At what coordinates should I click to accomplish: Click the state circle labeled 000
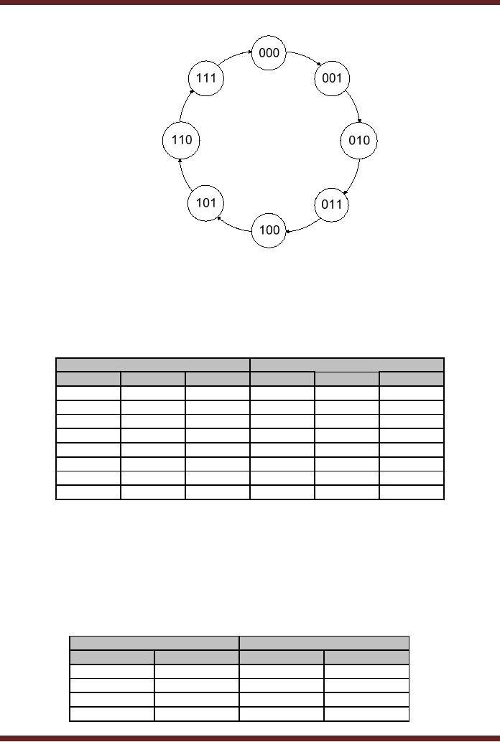click(269, 53)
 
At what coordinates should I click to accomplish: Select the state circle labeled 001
click(332, 78)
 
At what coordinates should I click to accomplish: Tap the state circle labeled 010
click(358, 141)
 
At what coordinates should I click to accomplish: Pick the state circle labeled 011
click(332, 205)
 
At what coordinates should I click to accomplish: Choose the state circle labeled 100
click(269, 230)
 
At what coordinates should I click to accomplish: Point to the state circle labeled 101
click(205, 202)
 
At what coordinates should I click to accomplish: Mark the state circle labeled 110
click(181, 140)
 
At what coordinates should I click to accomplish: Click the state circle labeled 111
click(205, 78)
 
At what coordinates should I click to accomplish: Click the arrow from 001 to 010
click(354, 104)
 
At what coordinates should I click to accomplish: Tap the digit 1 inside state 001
click(339, 78)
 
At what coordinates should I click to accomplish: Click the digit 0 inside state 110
click(189, 140)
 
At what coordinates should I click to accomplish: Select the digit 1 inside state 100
click(261, 230)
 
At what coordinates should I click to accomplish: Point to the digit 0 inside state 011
click(325, 205)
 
